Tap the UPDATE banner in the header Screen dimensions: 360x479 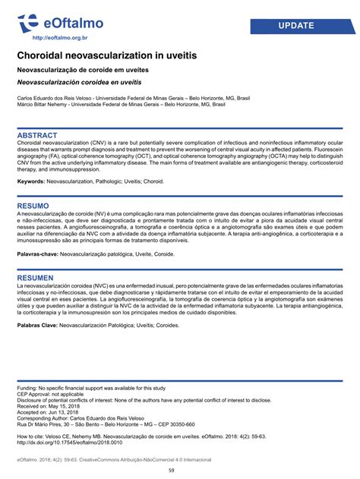[296, 26]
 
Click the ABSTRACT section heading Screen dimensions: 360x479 [37, 135]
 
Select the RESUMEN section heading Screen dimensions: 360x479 [35, 277]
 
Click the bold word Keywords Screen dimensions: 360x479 [30, 181]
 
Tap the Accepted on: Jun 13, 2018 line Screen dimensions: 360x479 [50, 412]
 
